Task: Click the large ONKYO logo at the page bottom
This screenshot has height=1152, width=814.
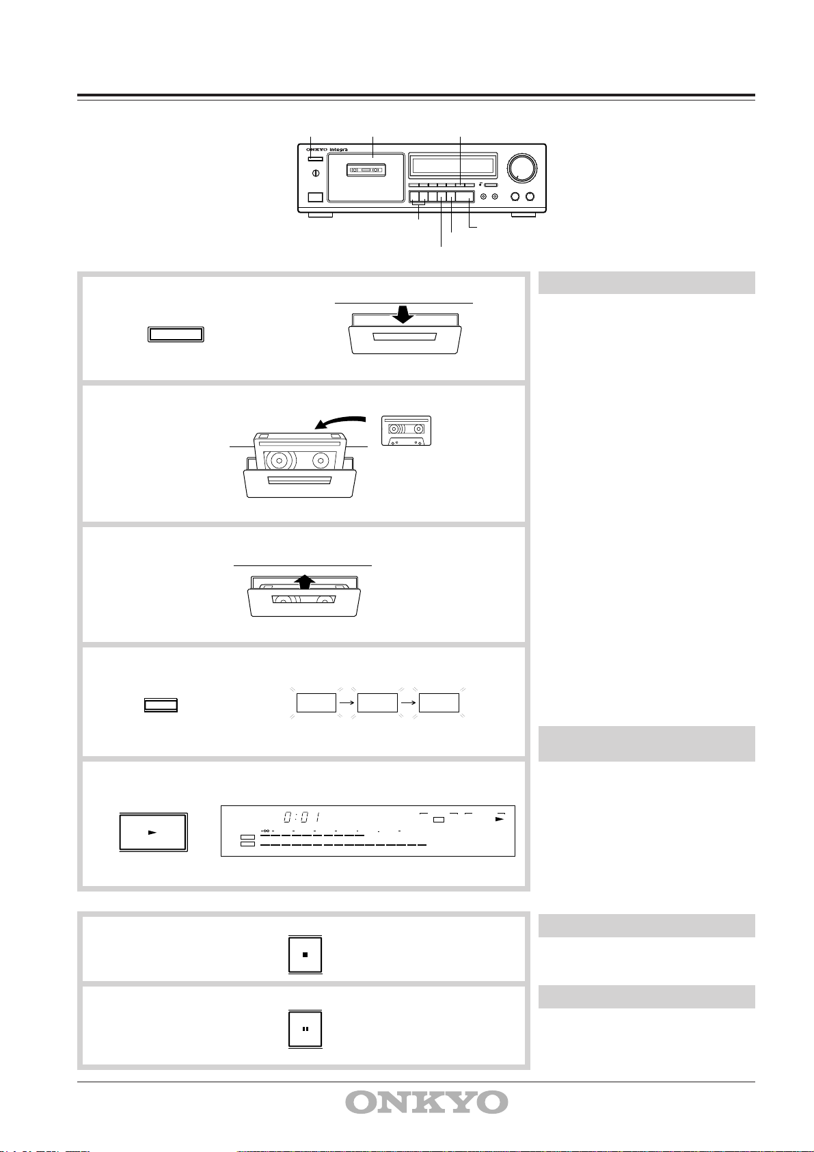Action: coord(426,1102)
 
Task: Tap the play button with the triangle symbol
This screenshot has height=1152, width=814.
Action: coord(153,831)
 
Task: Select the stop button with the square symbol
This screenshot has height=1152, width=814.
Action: coord(305,954)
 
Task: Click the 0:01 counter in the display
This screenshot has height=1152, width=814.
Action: coord(302,817)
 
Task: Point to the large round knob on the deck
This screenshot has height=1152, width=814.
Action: coord(521,168)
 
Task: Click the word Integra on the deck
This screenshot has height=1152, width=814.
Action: coord(338,150)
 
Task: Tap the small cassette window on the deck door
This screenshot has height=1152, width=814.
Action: coord(366,169)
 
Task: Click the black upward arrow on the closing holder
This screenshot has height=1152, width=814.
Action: coord(305,582)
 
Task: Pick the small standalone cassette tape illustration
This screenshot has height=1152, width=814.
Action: coord(406,431)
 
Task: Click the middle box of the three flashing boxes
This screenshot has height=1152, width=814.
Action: coord(377,703)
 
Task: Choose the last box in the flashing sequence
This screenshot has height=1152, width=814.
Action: coord(439,703)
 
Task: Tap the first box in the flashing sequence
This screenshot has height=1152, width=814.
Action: coord(316,703)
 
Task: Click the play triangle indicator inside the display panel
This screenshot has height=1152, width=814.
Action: coord(500,819)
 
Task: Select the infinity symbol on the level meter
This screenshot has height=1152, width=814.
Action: coord(265,831)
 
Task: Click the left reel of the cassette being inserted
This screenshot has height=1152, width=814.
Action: coord(280,461)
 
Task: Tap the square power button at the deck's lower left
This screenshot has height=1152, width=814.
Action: coord(315,196)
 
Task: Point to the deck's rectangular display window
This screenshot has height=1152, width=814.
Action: coord(453,165)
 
